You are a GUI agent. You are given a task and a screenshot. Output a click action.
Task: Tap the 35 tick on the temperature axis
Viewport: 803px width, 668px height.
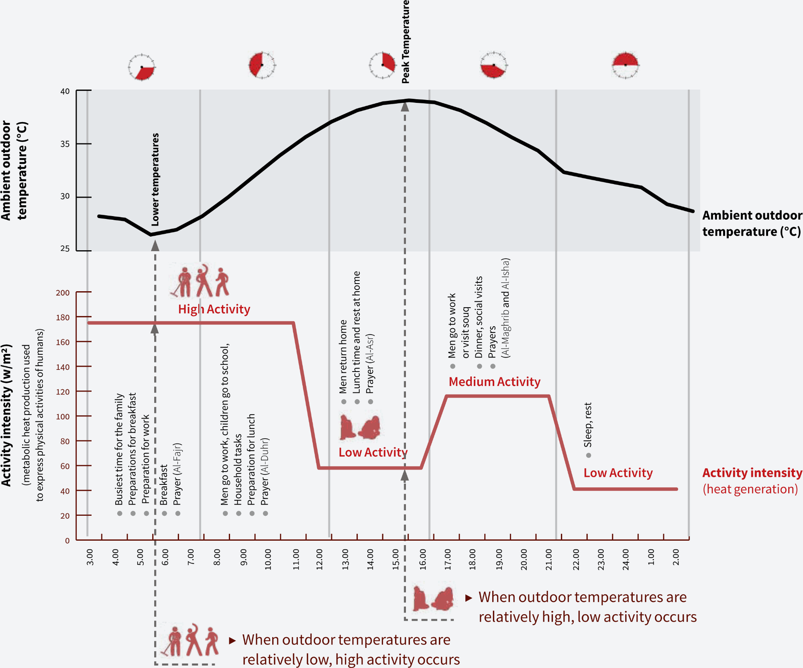(65, 144)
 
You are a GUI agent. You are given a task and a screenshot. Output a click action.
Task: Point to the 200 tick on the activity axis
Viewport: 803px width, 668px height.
(63, 292)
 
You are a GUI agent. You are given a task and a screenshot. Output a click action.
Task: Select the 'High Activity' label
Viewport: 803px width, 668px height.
(214, 309)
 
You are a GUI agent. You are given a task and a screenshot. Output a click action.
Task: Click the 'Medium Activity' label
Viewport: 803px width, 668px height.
(494, 382)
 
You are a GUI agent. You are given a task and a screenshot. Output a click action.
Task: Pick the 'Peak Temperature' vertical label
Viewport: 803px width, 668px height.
(406, 42)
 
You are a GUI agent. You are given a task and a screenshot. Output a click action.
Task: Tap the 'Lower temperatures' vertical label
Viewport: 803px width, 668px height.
(155, 179)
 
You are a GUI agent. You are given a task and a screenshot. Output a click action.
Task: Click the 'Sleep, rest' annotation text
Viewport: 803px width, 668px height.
(588, 425)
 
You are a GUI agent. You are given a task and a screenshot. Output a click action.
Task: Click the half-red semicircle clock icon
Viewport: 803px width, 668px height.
(625, 64)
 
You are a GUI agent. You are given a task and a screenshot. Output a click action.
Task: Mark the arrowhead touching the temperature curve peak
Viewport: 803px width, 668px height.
(405, 107)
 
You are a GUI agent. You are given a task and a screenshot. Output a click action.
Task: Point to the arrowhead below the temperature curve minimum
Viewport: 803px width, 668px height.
(155, 246)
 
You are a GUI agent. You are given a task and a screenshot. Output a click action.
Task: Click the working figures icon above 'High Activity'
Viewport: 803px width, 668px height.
(200, 281)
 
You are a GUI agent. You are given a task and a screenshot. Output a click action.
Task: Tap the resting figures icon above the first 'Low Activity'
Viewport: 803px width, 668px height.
(360, 427)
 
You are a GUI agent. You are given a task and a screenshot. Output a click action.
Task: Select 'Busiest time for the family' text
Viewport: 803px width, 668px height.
(119, 449)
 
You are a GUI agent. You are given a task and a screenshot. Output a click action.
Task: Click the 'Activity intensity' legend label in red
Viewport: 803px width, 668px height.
(752, 473)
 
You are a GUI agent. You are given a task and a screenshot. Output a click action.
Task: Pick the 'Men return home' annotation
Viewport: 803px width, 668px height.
(343, 357)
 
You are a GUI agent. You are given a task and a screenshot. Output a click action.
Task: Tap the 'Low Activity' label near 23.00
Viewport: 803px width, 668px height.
(618, 473)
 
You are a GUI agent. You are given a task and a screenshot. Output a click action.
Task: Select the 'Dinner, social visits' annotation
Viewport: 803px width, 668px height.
(479, 317)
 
